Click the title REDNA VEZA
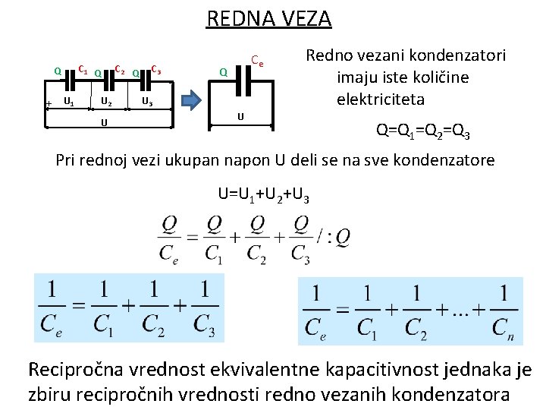point(269,18)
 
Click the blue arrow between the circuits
point(190,101)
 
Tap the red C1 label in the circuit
point(83,69)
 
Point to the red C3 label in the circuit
point(155,69)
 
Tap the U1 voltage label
point(68,101)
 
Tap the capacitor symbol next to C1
point(73,74)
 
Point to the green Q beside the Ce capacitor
point(223,72)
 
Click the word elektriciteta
point(381,99)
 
